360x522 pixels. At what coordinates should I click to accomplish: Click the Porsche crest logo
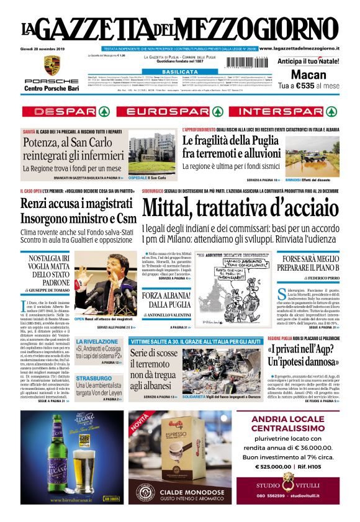coord(52,65)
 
